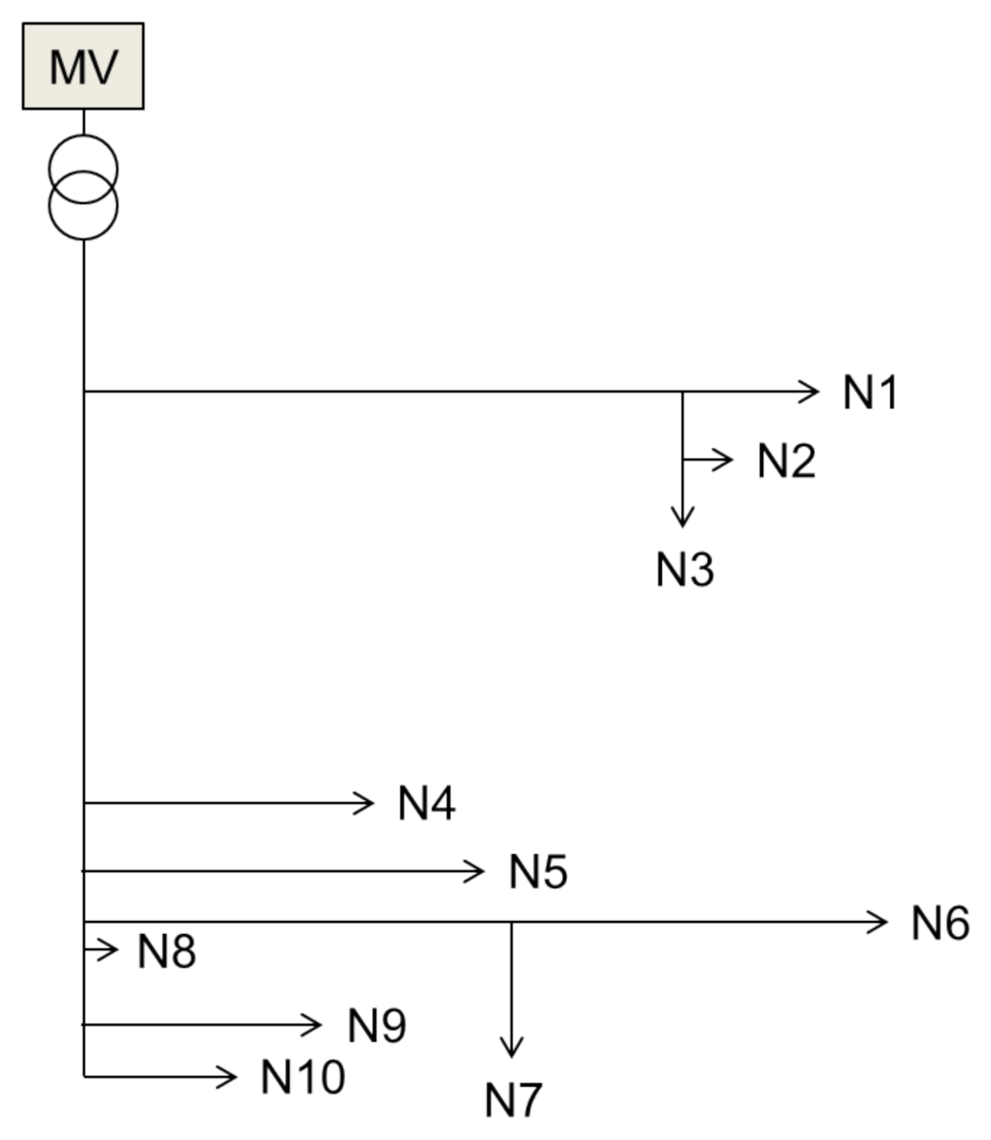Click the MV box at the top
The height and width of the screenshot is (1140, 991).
(x=83, y=66)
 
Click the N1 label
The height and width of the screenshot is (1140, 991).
(x=870, y=393)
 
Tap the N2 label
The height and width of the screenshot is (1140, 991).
(x=786, y=461)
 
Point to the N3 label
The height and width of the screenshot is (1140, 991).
(x=685, y=570)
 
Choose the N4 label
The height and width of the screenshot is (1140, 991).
(x=426, y=803)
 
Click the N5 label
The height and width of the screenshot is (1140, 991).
(x=538, y=872)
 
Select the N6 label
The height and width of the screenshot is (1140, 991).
(x=940, y=922)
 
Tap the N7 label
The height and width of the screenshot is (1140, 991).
(x=513, y=1099)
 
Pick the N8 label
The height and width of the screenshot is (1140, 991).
(x=167, y=951)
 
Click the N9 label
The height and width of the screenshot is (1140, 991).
(x=377, y=1026)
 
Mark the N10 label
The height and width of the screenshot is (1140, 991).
(x=302, y=1077)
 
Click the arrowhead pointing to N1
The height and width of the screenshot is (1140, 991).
(x=810, y=392)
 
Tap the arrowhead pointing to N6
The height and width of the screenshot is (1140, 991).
(x=878, y=922)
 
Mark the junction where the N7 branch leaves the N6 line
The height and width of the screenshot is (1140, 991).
(x=511, y=922)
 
